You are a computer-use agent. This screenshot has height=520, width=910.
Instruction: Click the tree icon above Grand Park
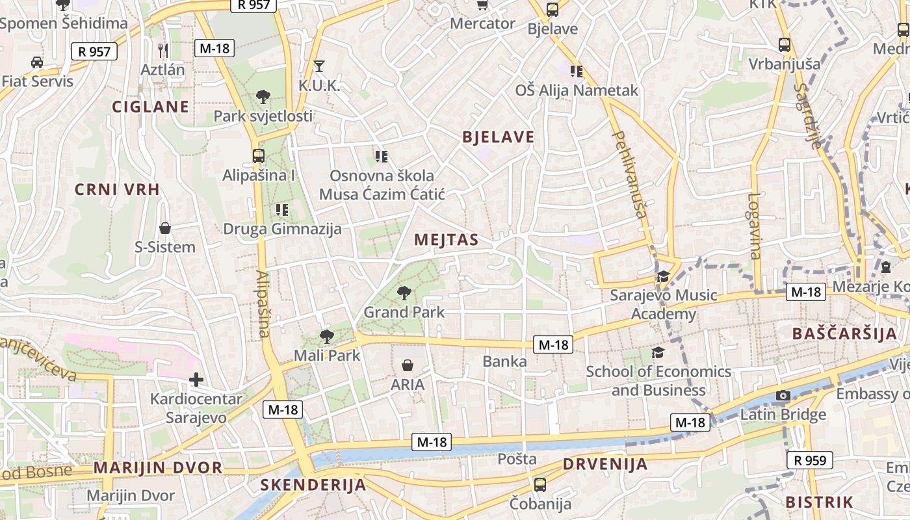pos(404,293)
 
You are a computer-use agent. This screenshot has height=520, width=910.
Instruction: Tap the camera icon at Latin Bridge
pos(783,395)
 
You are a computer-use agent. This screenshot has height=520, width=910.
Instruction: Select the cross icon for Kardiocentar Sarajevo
pos(196,379)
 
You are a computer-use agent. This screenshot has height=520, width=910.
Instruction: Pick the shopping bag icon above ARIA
pos(408,365)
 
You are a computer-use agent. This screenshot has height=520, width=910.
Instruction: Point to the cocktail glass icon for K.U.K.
pos(318,66)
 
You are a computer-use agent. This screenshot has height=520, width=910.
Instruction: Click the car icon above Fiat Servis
pos(37,62)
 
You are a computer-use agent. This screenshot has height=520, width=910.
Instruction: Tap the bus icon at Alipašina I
pos(258,156)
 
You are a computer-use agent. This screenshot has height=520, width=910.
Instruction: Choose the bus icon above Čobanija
pos(539,484)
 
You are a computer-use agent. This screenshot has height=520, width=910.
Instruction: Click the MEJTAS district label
pos(446,240)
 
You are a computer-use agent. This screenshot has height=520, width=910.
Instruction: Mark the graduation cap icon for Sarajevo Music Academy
pos(663,277)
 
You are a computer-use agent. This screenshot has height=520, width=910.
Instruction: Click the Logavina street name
pos(754,226)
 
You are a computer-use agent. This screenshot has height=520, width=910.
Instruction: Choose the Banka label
pos(505,361)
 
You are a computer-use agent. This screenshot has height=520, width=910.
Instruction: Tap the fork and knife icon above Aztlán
pos(163,50)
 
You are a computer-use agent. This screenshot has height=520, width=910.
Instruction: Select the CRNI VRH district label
pos(117,190)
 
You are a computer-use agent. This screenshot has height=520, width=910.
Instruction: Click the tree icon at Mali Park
pos(327,336)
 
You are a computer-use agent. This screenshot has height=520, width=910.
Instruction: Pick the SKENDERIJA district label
pos(313,485)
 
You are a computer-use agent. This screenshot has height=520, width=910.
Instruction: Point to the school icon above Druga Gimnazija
pos(281,209)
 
